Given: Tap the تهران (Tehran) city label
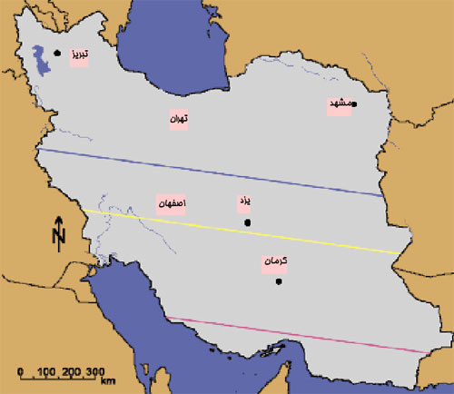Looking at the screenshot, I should (178, 119).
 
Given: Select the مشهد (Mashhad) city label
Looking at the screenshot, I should (340, 104).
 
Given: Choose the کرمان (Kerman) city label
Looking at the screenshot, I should (274, 261).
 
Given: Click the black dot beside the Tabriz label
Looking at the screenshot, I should (57, 53).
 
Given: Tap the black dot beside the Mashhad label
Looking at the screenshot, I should (355, 104).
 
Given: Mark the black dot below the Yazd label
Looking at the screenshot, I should (247, 222).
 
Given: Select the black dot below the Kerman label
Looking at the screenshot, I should (279, 281).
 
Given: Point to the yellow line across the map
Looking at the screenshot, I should (245, 231).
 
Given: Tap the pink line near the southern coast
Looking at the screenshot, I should (300, 334).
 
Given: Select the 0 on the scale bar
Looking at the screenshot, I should (20, 372).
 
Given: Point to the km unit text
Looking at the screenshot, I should (108, 382).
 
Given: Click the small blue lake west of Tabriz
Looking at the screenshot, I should (37, 58).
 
